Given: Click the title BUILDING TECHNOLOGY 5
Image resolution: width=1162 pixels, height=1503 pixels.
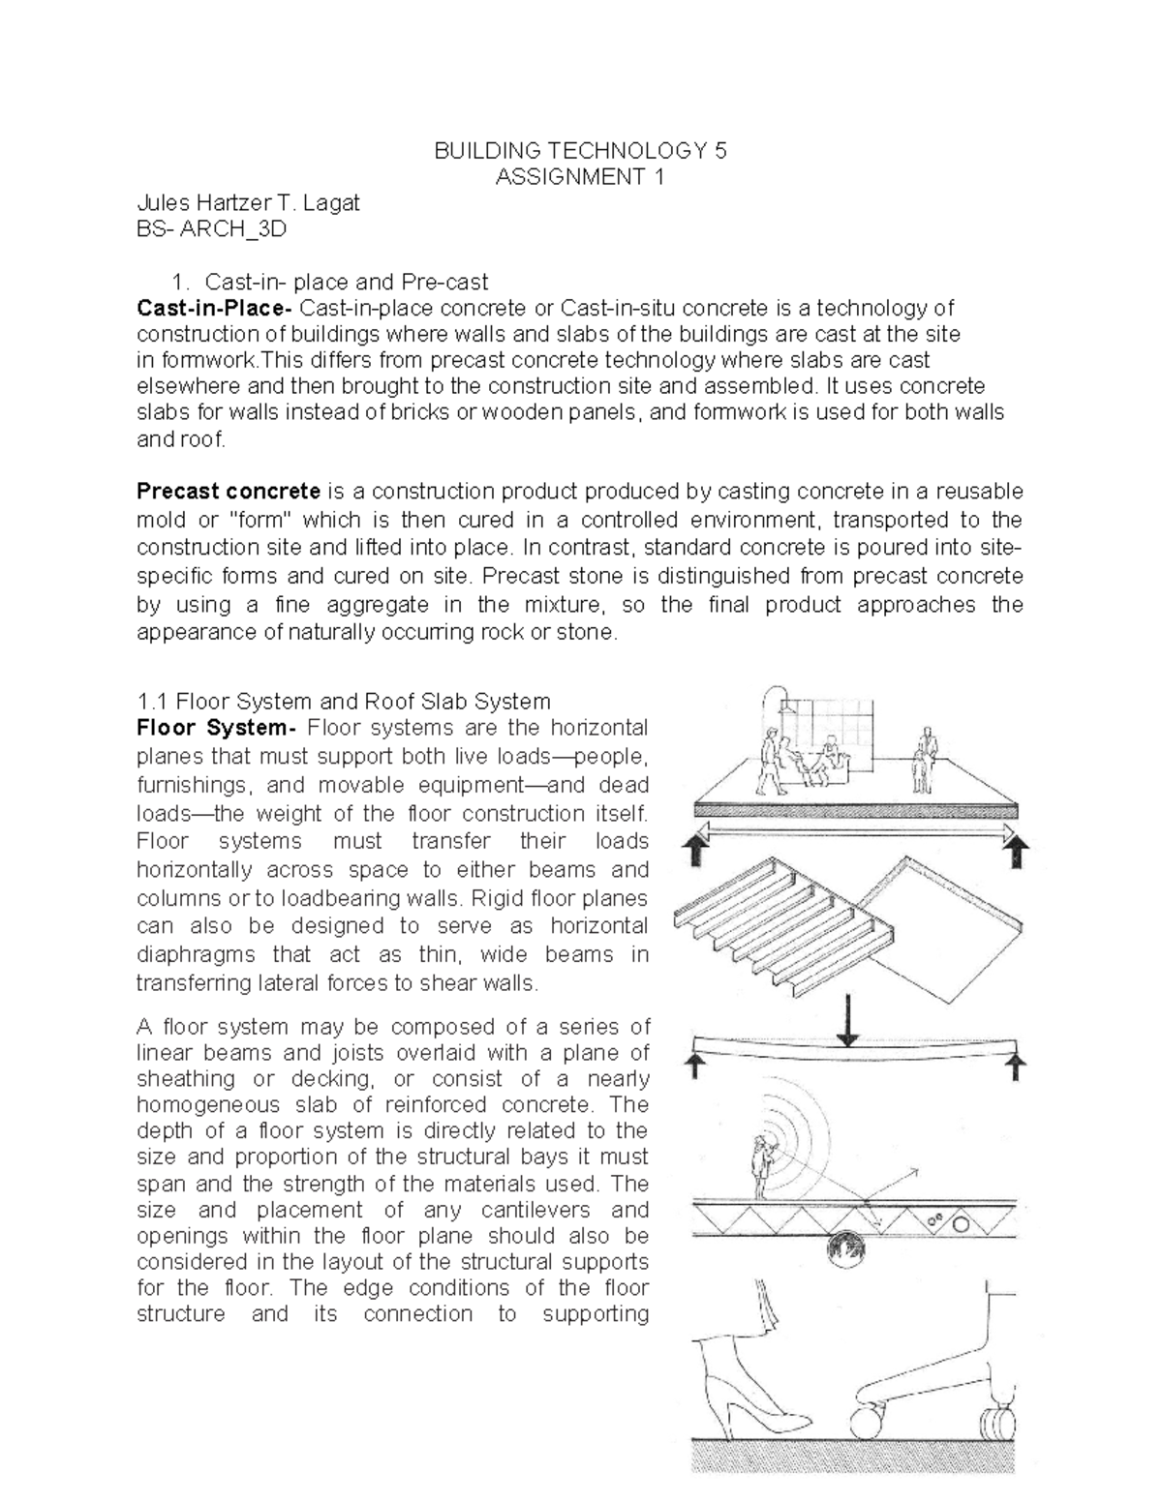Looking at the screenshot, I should [579, 151].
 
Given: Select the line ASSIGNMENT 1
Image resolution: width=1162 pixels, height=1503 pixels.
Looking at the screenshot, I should [579, 177].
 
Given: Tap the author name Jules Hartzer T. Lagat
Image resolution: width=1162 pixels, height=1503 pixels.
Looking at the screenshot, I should [248, 203].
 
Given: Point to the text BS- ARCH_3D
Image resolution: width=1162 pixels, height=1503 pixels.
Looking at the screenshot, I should [212, 229].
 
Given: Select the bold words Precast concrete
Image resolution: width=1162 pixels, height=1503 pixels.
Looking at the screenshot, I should [229, 492].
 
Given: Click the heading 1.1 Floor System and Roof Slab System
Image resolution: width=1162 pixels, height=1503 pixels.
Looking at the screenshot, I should [344, 701].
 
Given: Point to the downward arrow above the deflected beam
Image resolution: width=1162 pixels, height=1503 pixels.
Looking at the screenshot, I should [848, 1020].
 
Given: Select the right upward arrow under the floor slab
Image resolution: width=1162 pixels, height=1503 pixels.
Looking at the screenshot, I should [1016, 854].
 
